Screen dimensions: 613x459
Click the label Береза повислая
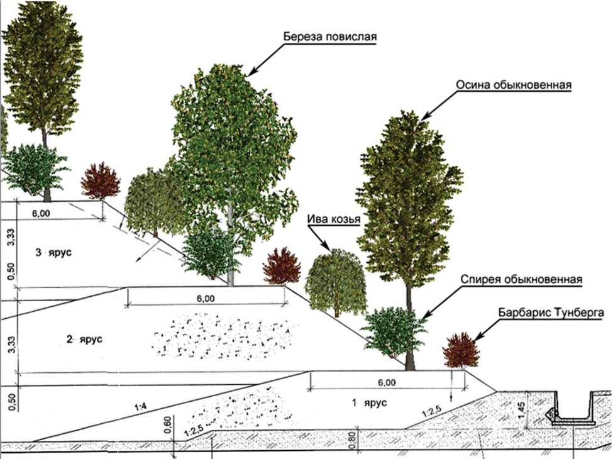coord(330,36)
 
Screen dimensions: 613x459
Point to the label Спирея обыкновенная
coord(521,280)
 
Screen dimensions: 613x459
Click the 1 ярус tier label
coord(369,402)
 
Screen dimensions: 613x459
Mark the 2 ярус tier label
coord(84,340)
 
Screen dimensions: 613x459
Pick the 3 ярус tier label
coord(55,252)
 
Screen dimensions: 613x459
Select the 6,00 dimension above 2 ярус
coord(206,298)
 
